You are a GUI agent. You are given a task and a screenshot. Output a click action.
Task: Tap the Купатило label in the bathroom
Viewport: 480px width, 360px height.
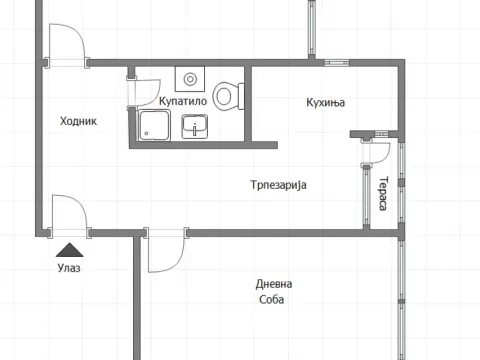(x=183, y=102)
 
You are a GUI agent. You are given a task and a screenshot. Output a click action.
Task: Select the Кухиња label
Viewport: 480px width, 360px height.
(x=324, y=102)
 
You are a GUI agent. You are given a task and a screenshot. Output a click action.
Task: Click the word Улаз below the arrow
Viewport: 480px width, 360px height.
(x=69, y=267)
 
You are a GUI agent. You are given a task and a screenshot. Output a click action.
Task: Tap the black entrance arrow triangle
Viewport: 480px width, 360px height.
(x=69, y=249)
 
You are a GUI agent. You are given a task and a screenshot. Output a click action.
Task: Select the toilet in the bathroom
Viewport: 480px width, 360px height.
(x=230, y=96)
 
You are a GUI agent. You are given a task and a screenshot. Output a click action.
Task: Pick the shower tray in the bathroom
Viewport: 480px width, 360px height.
(x=155, y=126)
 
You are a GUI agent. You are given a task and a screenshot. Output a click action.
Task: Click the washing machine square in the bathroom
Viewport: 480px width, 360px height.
(x=189, y=79)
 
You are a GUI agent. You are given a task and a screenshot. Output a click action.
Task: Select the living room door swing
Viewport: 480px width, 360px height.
(x=164, y=251)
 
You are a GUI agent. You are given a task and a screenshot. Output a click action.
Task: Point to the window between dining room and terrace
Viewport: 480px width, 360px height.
(x=364, y=195)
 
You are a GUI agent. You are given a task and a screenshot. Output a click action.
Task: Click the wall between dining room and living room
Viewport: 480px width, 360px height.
(x=290, y=232)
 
